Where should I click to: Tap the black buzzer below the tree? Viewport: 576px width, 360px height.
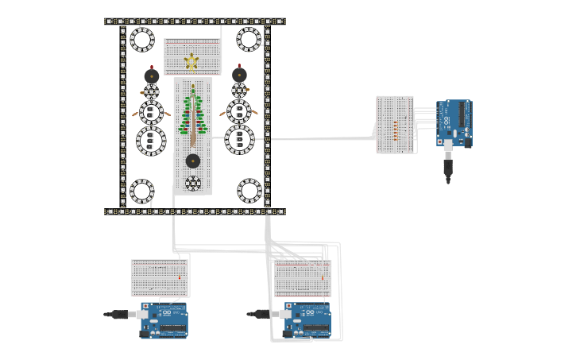coord(193,161)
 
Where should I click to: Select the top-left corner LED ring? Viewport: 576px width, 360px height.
coord(142,39)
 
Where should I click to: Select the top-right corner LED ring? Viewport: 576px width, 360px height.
coord(249,39)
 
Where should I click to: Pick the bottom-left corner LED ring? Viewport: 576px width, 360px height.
coord(142,191)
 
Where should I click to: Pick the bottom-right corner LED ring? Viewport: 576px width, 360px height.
coord(249,191)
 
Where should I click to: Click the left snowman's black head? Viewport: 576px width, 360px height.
coord(152,76)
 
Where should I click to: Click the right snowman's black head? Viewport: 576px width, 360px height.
coord(239,75)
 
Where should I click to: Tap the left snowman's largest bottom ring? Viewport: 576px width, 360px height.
coord(151,141)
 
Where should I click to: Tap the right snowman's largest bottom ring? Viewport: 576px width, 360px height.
coord(239,139)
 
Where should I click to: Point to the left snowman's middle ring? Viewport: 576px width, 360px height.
coord(152,112)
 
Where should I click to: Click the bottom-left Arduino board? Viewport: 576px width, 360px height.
coord(164,319)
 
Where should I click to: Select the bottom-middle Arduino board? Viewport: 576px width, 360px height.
coord(307,319)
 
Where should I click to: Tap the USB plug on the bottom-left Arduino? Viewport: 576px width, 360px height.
coord(121,315)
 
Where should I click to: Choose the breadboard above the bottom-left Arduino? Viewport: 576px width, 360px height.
coord(160,278)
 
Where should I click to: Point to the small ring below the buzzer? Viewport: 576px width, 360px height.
coord(193,184)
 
